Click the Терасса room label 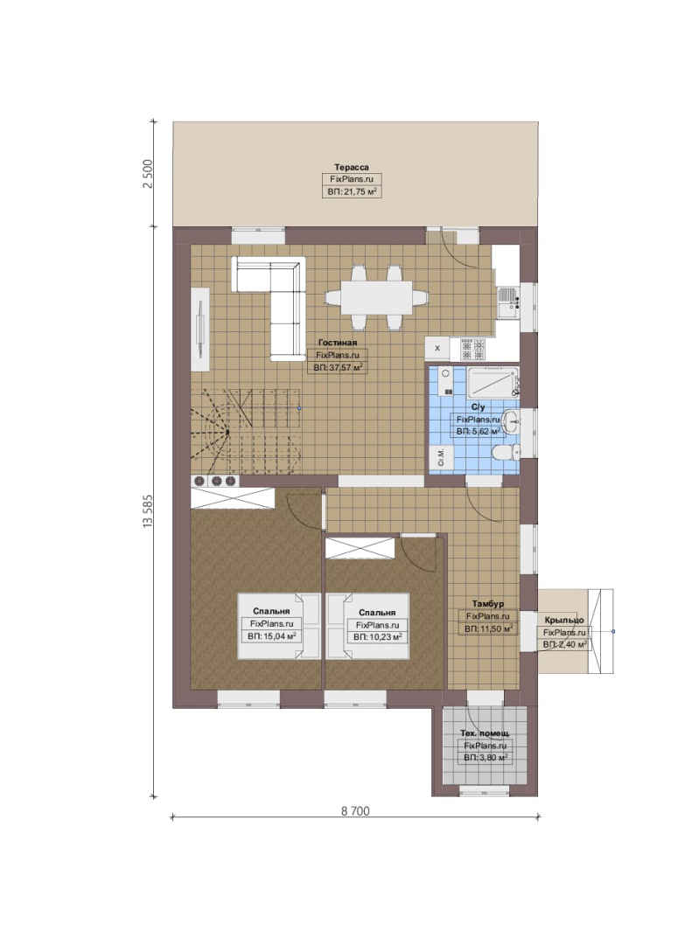(x=352, y=167)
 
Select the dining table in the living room (x=377, y=297)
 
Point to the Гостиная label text (x=338, y=343)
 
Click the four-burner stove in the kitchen (x=473, y=349)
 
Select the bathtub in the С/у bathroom (x=493, y=382)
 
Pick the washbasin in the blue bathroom (x=510, y=420)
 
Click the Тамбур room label (x=487, y=603)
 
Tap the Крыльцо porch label (x=564, y=620)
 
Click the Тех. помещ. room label (x=485, y=732)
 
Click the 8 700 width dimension (x=355, y=811)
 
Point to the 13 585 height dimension (x=148, y=511)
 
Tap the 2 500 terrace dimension (x=148, y=173)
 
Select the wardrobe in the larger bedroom (x=233, y=498)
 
